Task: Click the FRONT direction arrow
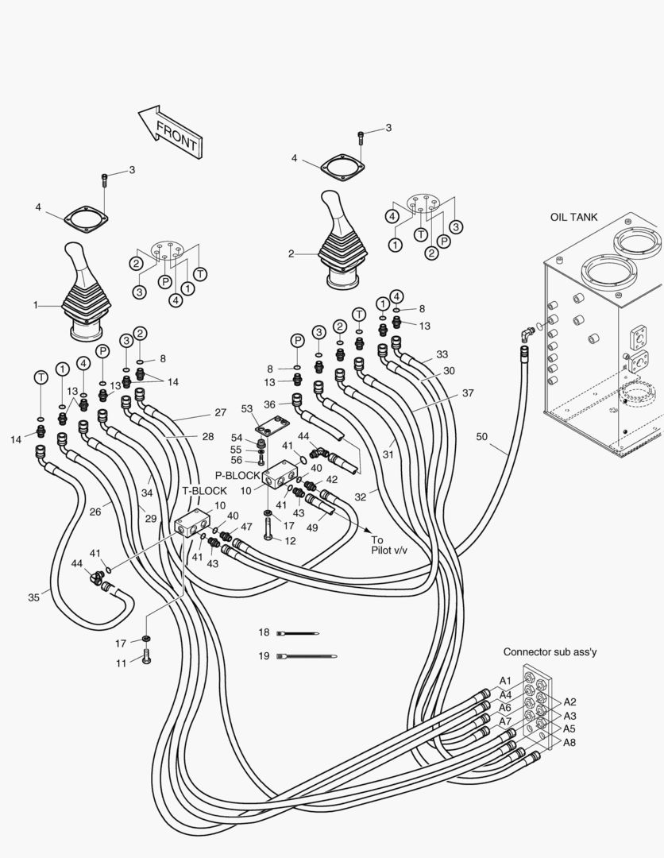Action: click(169, 130)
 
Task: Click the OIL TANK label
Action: click(574, 217)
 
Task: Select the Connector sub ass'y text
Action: click(550, 651)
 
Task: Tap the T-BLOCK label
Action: click(204, 490)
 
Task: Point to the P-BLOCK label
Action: click(237, 475)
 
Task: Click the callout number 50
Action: click(483, 435)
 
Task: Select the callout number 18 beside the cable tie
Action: click(264, 632)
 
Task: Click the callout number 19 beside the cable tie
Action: click(264, 656)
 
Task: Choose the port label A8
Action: click(569, 742)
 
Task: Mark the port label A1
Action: click(505, 681)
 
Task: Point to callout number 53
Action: click(247, 408)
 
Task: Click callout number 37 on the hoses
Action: click(468, 392)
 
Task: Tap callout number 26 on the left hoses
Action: click(95, 512)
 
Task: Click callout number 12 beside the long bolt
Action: click(291, 540)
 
